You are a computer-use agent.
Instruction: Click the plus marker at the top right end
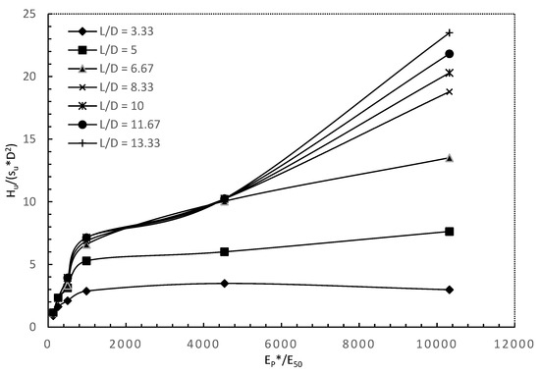[450, 33]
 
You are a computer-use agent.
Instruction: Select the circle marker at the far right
[450, 54]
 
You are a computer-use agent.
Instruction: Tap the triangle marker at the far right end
[450, 158]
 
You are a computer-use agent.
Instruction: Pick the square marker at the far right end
[450, 232]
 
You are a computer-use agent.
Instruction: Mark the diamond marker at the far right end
[450, 290]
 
